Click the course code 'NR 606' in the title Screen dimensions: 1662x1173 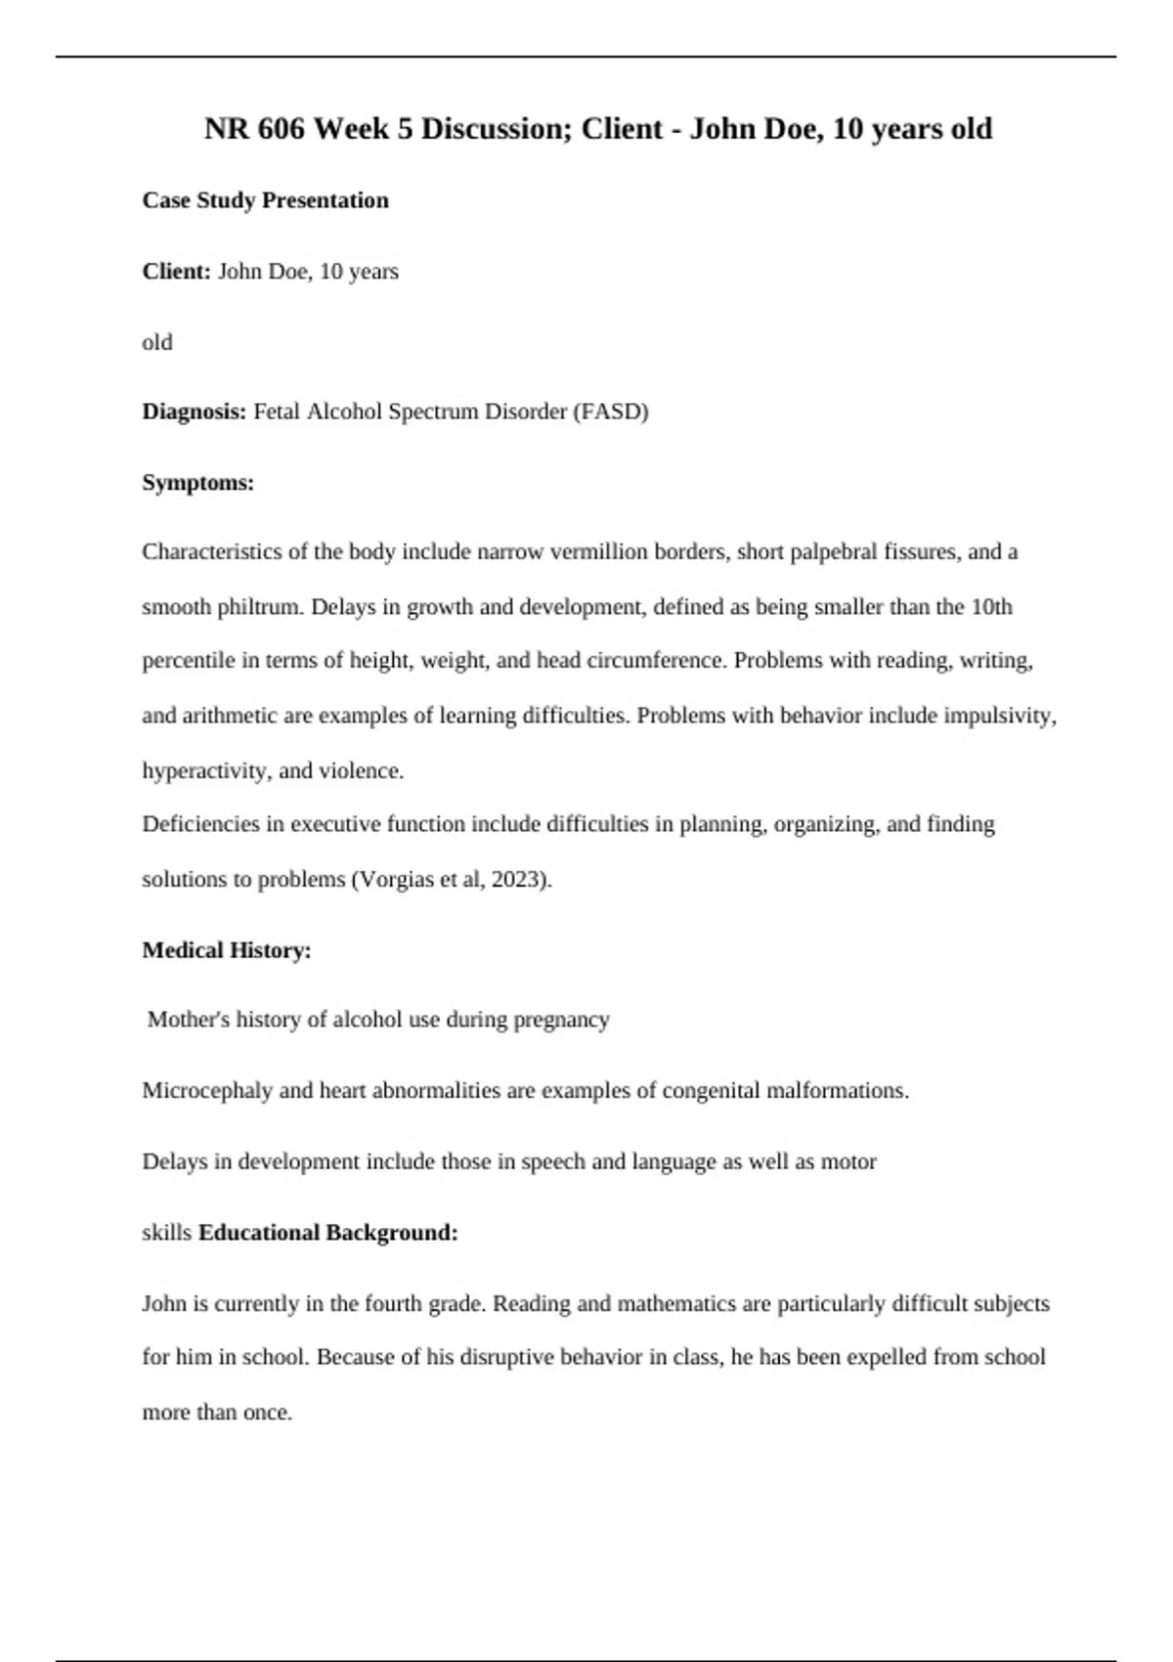coord(254,128)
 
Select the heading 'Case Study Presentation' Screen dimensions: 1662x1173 coord(265,200)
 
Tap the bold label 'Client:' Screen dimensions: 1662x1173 coord(176,271)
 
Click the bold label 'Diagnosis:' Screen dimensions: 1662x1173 coord(195,412)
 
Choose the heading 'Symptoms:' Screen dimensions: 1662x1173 coord(197,482)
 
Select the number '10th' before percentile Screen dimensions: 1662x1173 coord(991,607)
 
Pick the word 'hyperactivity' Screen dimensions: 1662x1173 coord(203,770)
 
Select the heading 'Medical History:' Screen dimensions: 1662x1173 coord(227,950)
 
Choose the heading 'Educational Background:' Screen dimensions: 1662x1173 coord(327,1233)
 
